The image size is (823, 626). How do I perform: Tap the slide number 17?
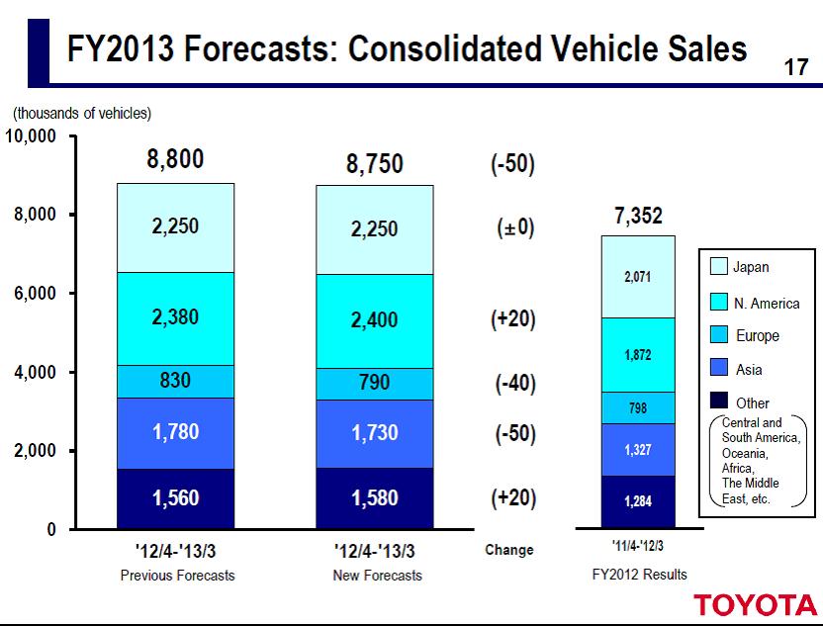(x=796, y=68)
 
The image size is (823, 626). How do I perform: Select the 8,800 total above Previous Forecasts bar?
(x=176, y=160)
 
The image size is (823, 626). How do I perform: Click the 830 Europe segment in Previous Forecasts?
(x=176, y=381)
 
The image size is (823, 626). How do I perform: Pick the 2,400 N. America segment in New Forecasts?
(x=374, y=320)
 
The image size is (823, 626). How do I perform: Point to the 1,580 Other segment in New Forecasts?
(x=374, y=498)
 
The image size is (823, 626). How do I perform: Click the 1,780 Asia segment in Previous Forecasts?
(x=176, y=433)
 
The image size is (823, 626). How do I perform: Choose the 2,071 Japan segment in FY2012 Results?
(x=638, y=277)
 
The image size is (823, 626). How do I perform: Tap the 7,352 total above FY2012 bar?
(x=638, y=217)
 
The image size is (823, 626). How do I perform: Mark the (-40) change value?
(x=513, y=384)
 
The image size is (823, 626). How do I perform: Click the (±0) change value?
(x=513, y=226)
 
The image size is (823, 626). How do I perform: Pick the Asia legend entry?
(x=750, y=369)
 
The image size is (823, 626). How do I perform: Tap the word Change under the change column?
(x=509, y=550)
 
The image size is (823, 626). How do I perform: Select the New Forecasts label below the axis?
(x=376, y=576)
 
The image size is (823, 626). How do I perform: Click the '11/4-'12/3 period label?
(x=637, y=547)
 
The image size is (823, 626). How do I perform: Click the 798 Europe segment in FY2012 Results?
(x=638, y=406)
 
